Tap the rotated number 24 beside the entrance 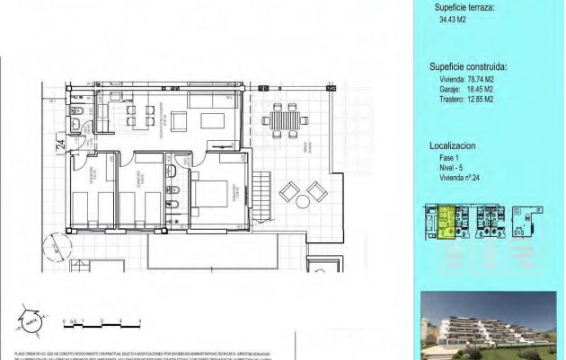pyautogui.click(x=60, y=144)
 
